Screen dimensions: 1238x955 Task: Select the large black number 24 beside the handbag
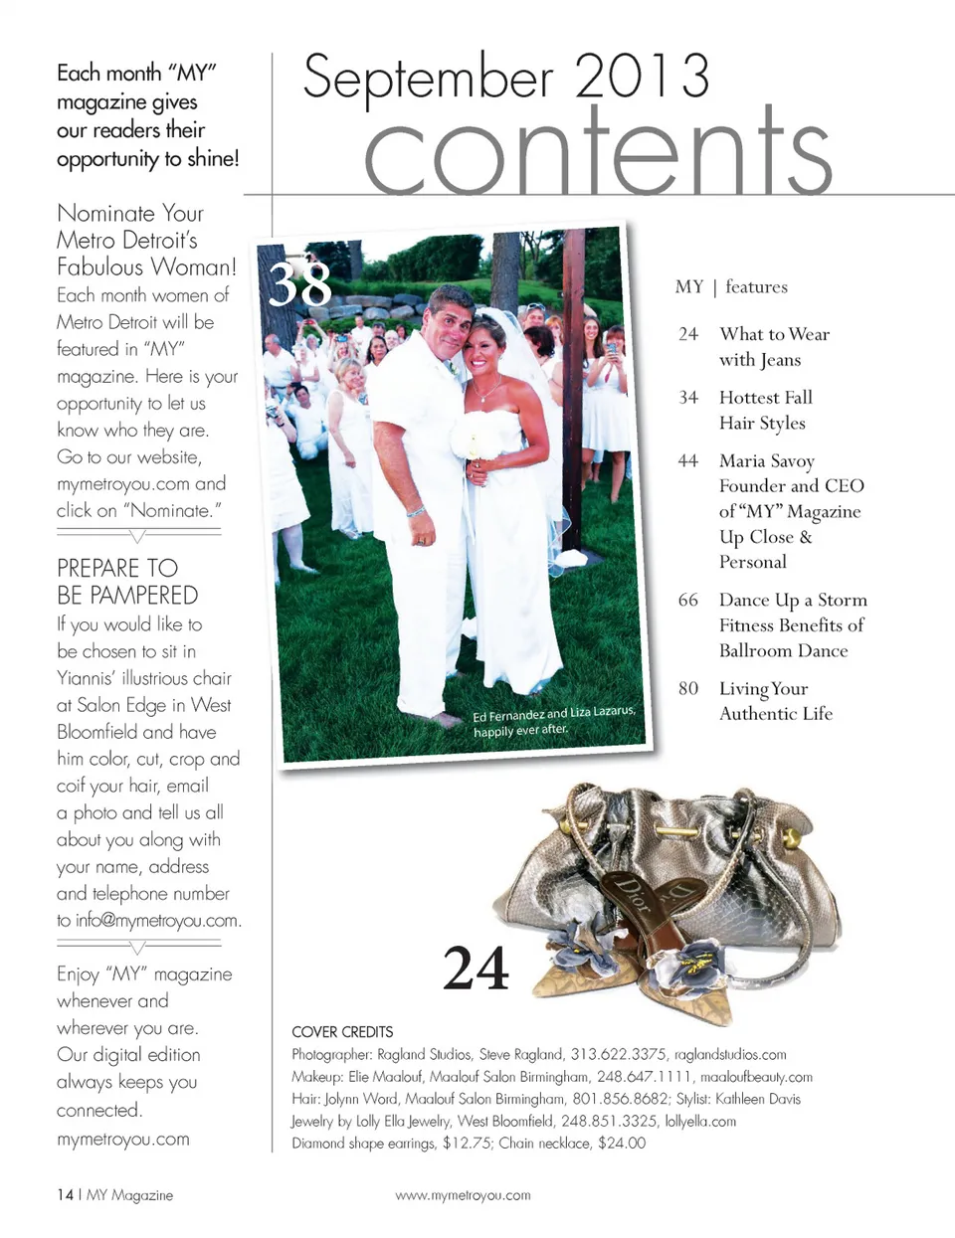(x=476, y=968)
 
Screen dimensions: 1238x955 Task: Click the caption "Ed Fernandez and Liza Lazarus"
(x=553, y=714)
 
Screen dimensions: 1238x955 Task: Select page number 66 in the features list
(x=687, y=600)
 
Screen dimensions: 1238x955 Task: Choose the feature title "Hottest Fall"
(x=765, y=397)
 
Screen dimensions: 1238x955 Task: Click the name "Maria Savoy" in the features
(x=766, y=460)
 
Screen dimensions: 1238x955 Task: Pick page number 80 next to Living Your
(x=687, y=688)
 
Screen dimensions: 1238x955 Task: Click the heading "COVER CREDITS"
(x=342, y=1032)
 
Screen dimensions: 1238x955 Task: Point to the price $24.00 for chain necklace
(x=622, y=1144)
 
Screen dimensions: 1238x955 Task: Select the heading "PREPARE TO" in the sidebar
(x=117, y=568)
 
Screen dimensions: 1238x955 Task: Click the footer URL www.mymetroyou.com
(x=463, y=1195)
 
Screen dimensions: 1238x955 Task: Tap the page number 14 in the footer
(x=65, y=1195)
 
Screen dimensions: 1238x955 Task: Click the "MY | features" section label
(x=731, y=286)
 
